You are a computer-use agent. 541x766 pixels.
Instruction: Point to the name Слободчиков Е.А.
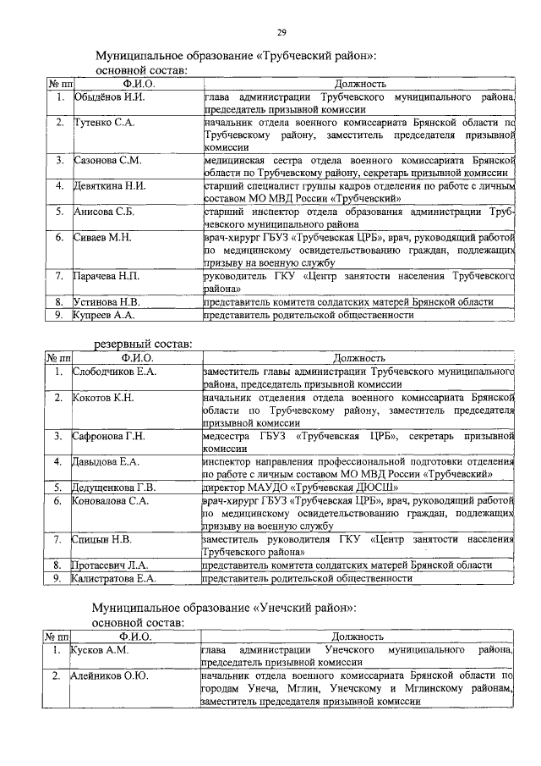tap(114, 372)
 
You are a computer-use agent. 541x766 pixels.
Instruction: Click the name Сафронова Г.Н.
tap(109, 436)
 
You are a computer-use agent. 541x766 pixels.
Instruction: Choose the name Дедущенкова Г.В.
tap(114, 488)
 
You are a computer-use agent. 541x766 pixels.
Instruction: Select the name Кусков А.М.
tap(100, 650)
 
